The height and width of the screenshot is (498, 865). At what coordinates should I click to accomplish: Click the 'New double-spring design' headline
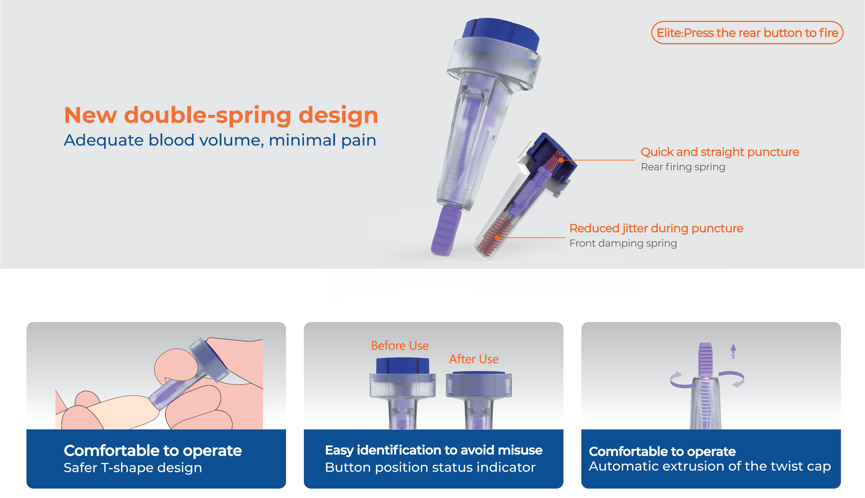(221, 116)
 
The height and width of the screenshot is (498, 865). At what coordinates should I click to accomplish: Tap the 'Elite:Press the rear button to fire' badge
(747, 33)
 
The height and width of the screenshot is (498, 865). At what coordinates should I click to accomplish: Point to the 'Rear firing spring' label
(683, 167)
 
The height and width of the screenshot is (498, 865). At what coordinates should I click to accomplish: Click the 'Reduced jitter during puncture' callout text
(656, 228)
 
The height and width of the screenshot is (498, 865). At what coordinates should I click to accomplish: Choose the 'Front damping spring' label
(623, 243)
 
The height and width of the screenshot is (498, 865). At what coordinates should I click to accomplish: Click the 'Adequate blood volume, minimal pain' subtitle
(220, 140)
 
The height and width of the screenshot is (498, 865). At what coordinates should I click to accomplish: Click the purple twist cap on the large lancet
(446, 230)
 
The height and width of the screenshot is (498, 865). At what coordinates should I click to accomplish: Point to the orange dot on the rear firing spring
(561, 160)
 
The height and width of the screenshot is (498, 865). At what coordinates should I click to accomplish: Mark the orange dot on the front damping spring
(497, 238)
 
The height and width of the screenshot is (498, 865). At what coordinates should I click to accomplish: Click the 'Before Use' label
(400, 346)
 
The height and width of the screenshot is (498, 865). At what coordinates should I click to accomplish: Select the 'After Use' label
(474, 359)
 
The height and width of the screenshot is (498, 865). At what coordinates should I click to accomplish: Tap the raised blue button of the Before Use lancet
(402, 366)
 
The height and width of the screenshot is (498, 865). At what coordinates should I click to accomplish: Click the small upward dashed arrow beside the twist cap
(733, 351)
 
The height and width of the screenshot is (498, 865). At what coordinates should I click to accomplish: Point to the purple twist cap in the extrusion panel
(705, 359)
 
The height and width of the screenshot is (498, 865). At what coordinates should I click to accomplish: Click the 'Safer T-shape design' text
(133, 468)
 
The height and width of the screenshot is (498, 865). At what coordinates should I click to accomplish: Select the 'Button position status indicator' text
(430, 468)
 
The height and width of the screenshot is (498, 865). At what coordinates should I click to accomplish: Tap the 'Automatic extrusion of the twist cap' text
(710, 467)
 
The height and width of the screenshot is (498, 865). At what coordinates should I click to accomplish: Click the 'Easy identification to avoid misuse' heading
(434, 450)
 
